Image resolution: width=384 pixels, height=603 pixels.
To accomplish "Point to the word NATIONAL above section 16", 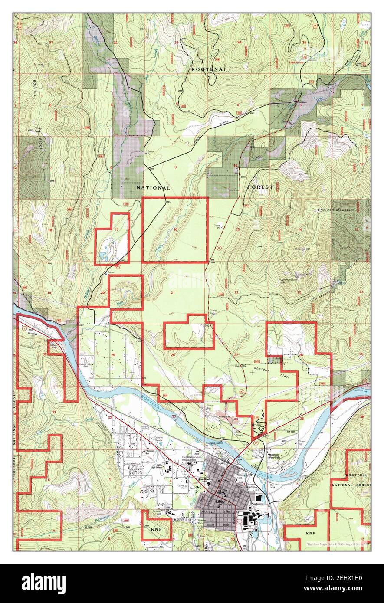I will click(x=153, y=188).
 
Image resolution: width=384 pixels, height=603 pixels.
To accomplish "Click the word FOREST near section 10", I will click(x=260, y=187).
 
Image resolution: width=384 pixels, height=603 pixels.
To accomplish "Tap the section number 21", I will click(x=173, y=292).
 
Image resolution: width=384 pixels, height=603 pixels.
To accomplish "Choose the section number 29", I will click(x=113, y=355).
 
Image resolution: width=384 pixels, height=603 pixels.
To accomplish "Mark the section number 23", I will click(x=299, y=292).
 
